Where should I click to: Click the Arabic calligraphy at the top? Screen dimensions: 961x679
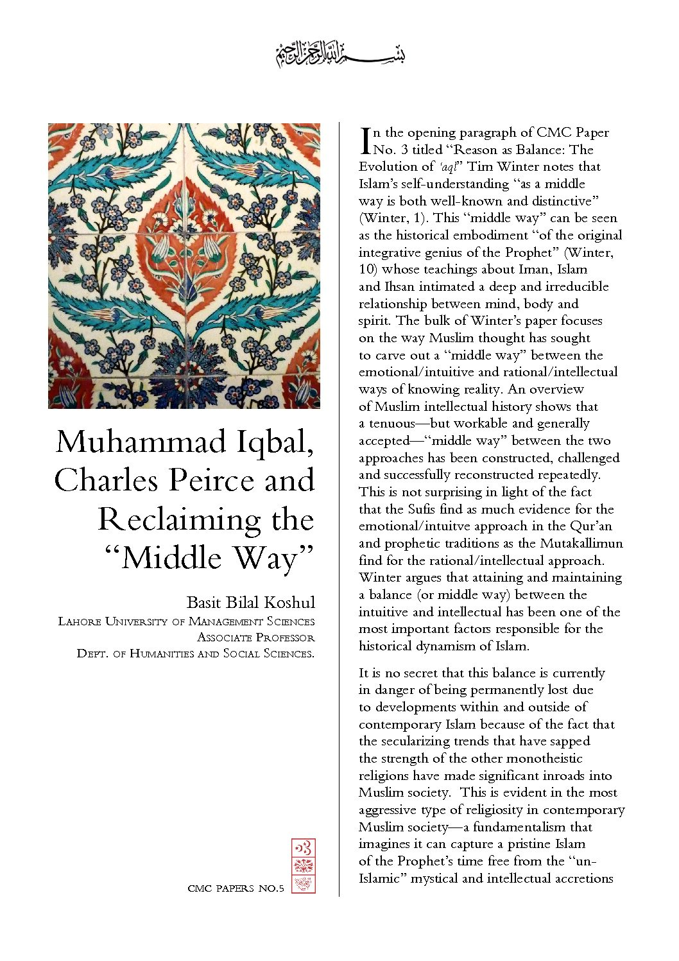point(340,55)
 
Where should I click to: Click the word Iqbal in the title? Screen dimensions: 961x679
point(273,443)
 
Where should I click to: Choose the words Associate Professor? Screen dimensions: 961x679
point(255,637)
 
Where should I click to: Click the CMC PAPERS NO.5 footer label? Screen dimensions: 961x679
point(236,888)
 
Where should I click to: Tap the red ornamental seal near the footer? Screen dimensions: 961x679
point(303,865)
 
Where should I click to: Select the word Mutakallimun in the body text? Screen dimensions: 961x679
point(581,543)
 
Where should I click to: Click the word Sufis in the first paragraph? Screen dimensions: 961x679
point(422,509)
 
